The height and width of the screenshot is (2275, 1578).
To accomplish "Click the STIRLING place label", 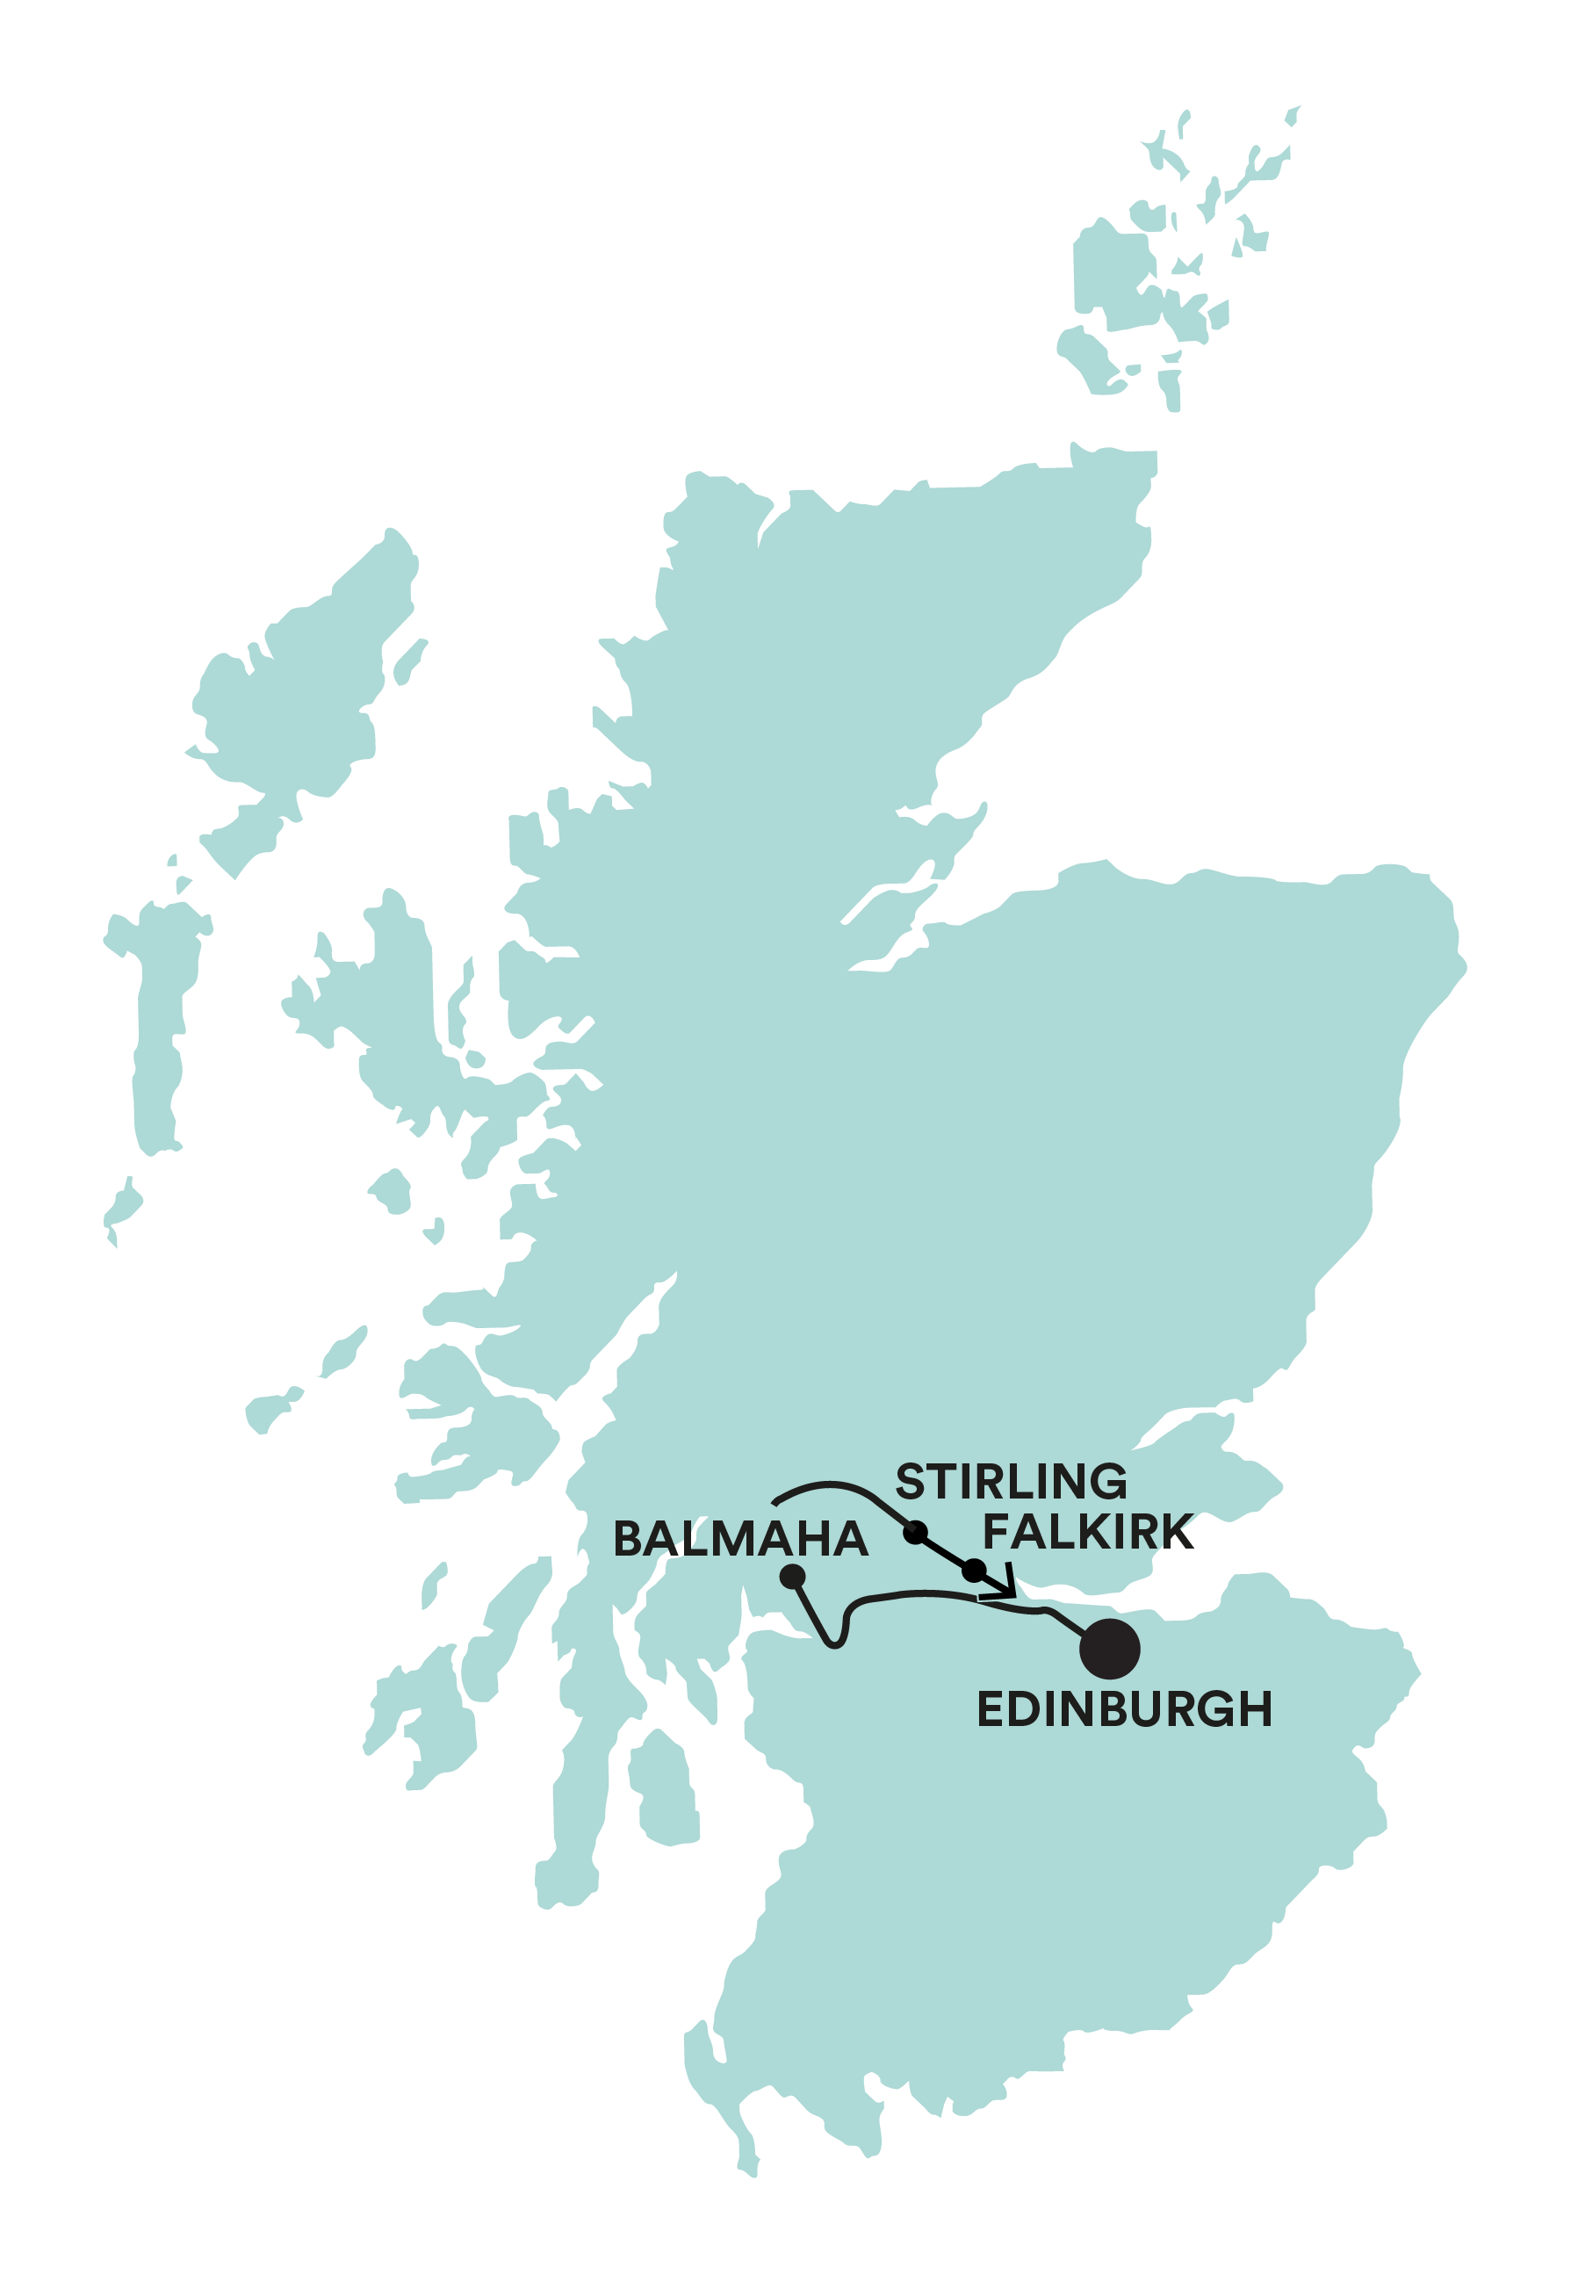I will [1011, 1481].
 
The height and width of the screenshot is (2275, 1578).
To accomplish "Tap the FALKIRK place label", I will [1088, 1532].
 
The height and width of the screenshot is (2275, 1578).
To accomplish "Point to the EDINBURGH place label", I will [1124, 1709].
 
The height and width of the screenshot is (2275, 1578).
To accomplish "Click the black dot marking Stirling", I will [916, 1533].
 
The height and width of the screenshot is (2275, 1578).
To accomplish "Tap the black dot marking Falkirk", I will [974, 1569].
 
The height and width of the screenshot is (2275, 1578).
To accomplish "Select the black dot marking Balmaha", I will [792, 1576].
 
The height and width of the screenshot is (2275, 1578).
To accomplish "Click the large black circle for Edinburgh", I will [1109, 1649].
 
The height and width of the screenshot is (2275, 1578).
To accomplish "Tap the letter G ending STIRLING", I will [1107, 1481].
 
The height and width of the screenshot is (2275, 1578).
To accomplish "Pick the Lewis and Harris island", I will [297, 692].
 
